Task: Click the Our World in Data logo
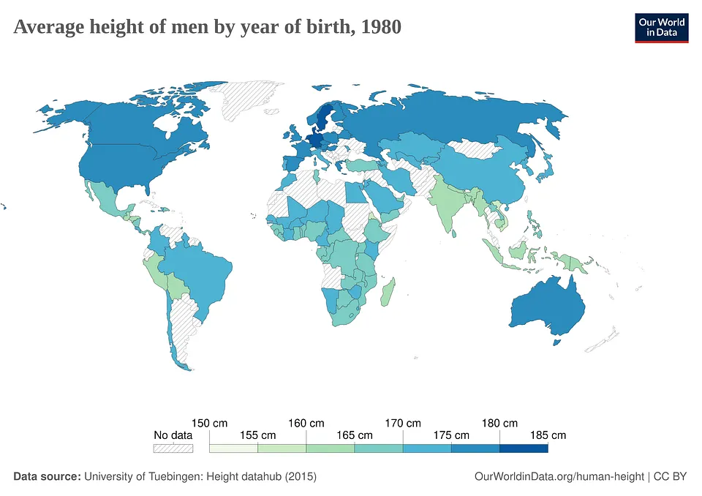pyautogui.click(x=662, y=27)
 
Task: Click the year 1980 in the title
pyautogui.click(x=380, y=28)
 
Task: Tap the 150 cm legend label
pyautogui.click(x=209, y=423)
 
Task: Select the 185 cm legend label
pyautogui.click(x=548, y=435)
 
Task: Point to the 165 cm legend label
pyautogui.click(x=355, y=435)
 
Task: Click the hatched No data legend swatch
pyautogui.click(x=173, y=448)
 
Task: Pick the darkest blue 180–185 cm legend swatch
pyautogui.click(x=524, y=448)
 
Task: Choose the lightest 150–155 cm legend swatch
pyautogui.click(x=233, y=448)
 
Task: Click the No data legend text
pyautogui.click(x=173, y=435)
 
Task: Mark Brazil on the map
pyautogui.click(x=201, y=271)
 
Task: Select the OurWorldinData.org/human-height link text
pyautogui.click(x=559, y=476)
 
